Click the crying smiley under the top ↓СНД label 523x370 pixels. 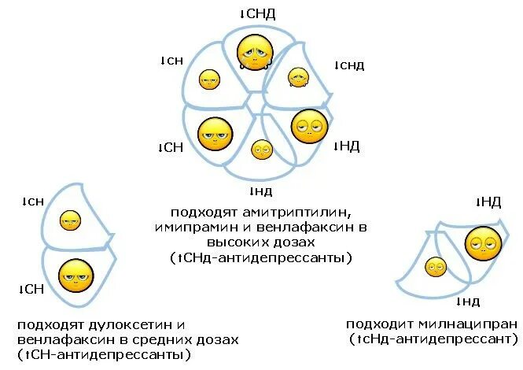point(255,52)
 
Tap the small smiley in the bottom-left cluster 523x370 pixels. point(71,220)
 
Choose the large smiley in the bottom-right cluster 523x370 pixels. point(482,245)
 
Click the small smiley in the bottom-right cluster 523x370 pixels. point(435,267)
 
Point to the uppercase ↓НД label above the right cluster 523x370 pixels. point(488,203)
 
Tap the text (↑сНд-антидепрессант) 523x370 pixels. point(434,339)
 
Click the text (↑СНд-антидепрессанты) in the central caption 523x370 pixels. point(260,257)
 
